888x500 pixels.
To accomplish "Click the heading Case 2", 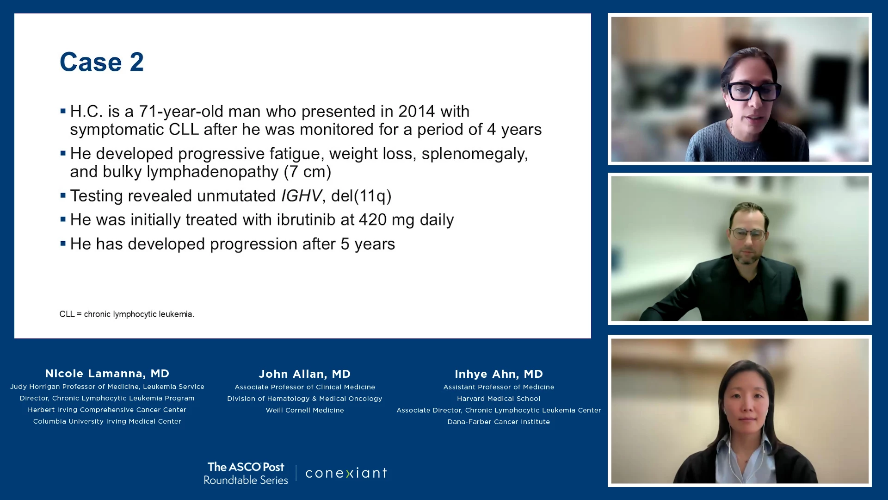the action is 102,62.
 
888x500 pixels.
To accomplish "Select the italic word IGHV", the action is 301,196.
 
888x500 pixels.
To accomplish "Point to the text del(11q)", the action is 361,196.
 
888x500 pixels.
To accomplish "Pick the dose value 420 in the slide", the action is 372,220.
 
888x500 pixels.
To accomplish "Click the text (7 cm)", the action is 308,172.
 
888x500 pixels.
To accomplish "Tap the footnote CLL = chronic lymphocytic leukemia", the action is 127,314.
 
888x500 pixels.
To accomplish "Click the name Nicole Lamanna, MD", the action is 107,374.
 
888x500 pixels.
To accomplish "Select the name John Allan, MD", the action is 305,374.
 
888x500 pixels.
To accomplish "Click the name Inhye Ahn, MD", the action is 499,374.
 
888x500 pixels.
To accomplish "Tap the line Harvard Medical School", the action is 499,399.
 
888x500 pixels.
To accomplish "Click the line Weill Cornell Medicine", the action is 305,410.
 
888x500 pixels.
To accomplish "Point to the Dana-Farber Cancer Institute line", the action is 499,422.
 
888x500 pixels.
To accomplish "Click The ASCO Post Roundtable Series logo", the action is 246,473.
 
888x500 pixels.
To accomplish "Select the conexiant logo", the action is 346,473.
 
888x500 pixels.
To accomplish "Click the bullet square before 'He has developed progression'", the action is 63,243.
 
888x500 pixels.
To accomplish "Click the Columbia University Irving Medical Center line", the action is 107,421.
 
